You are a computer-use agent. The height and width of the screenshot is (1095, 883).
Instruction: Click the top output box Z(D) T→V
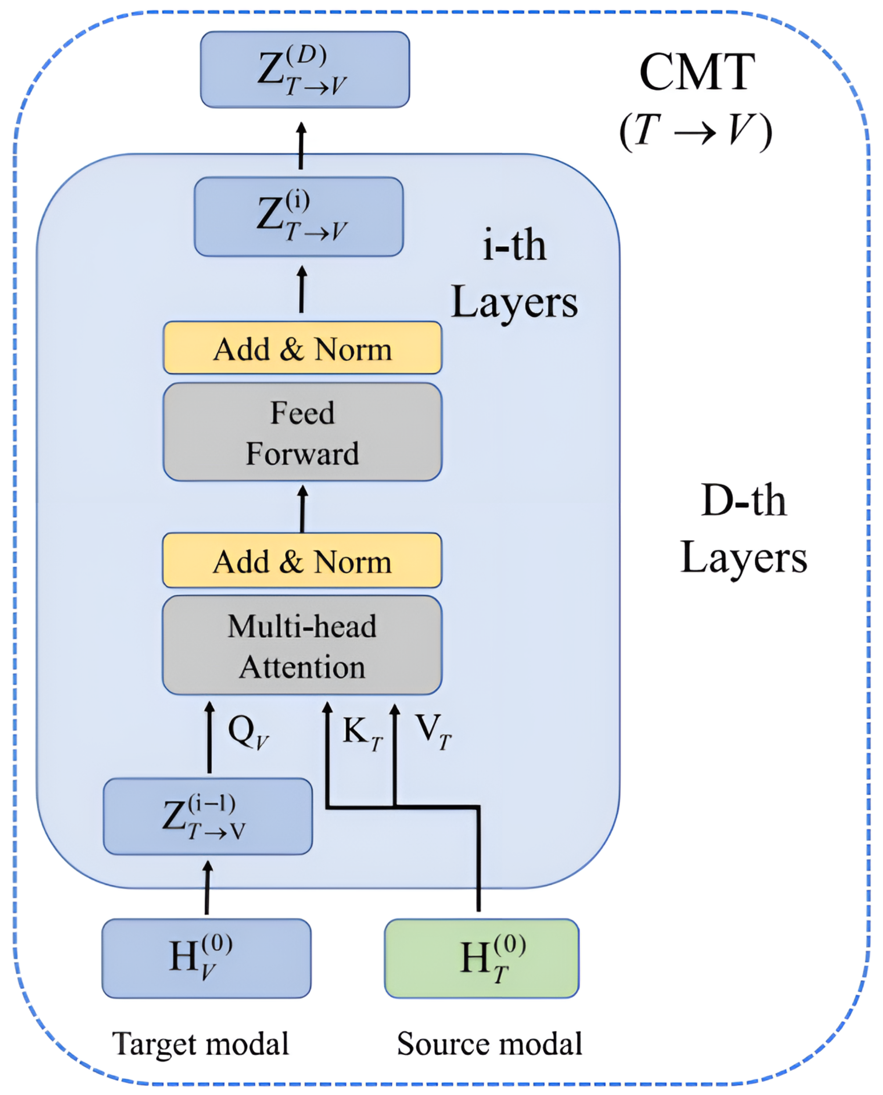tap(305, 70)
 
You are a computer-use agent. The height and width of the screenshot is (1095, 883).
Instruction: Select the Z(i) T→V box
tap(299, 217)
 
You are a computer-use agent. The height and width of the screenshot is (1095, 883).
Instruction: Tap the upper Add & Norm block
tap(302, 348)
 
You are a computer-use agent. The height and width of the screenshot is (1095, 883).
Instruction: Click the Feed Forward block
tap(302, 432)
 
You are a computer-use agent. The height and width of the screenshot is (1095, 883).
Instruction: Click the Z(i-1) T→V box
tap(208, 816)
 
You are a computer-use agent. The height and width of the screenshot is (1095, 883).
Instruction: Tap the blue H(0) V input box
tap(207, 958)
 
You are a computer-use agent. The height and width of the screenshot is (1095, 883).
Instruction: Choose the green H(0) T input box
tap(481, 958)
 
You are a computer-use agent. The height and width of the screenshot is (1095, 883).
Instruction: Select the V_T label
tap(433, 732)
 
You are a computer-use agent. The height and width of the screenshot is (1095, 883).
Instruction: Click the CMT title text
tap(696, 72)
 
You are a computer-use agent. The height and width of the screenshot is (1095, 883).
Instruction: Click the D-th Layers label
tap(743, 529)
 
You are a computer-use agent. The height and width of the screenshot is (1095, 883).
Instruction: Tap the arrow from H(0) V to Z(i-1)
tap(208, 887)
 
